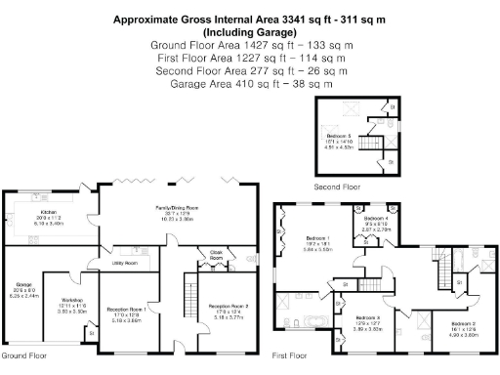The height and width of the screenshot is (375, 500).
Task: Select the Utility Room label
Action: [124, 263]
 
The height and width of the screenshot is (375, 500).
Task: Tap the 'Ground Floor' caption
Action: [23, 356]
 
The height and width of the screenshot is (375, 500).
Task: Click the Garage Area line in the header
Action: [249, 84]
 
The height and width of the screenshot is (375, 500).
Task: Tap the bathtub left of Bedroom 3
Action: [314, 320]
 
